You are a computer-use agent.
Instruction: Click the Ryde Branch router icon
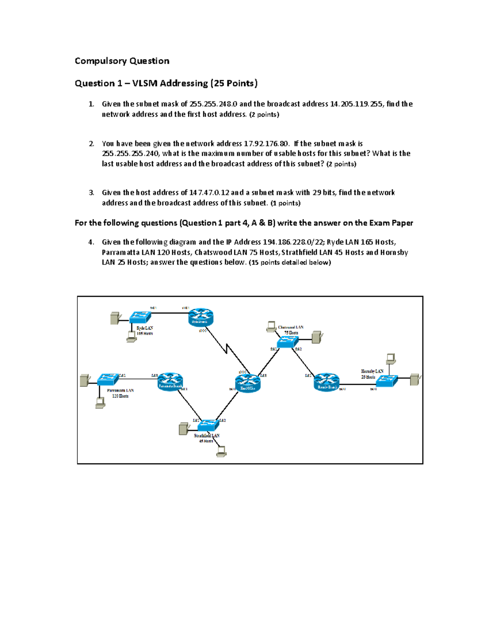(200, 316)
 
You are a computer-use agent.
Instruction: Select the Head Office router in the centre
(247, 383)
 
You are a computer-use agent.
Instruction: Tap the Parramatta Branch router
(170, 381)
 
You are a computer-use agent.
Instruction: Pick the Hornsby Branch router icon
(326, 382)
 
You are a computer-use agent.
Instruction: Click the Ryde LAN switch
(140, 317)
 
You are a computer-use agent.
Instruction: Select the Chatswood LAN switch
(287, 342)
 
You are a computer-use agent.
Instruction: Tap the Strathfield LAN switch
(208, 425)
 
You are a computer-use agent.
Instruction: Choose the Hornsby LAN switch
(386, 381)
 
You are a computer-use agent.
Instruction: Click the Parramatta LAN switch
(108, 379)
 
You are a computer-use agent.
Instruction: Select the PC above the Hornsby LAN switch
(390, 359)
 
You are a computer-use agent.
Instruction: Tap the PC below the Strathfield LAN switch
(221, 451)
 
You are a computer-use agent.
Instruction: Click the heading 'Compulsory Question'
(122, 61)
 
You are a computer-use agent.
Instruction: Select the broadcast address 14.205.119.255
(356, 104)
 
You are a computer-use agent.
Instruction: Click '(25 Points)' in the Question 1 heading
(233, 84)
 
